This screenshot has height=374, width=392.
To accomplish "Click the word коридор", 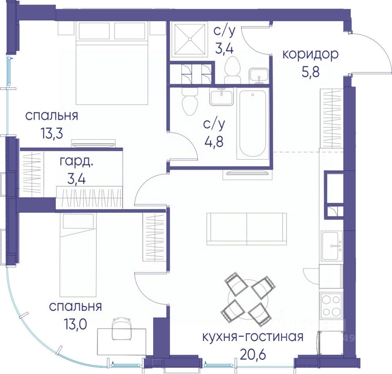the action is click(310, 55).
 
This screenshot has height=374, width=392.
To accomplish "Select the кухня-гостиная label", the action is click(253, 337).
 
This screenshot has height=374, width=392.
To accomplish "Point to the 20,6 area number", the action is click(252, 354).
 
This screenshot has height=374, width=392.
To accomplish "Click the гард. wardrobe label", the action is click(76, 162).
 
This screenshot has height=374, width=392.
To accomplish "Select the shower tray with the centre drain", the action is click(190, 39).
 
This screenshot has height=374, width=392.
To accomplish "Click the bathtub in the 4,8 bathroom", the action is click(252, 125).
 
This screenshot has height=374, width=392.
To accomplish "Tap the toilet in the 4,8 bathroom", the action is click(190, 101).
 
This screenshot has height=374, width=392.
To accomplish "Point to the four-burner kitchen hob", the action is click(330, 305).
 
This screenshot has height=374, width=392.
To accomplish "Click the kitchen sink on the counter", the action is click(332, 246).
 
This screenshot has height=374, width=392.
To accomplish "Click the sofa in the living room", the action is click(247, 229).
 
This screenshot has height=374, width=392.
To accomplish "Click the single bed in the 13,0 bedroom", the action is click(78, 255).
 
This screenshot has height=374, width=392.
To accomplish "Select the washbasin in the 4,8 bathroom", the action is click(221, 97).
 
